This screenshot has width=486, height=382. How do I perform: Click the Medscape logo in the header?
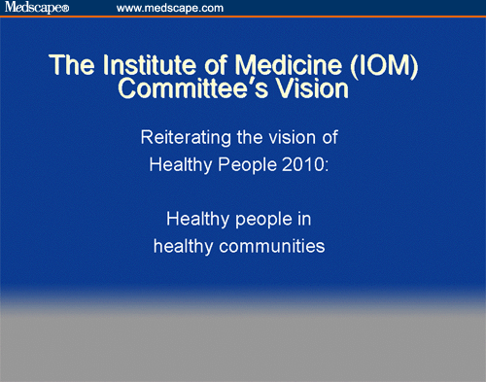[x=38, y=8]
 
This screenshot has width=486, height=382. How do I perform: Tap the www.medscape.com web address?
[x=170, y=8]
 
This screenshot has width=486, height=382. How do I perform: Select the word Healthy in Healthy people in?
[x=196, y=219]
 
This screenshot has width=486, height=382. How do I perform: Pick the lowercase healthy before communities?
[x=184, y=246]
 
